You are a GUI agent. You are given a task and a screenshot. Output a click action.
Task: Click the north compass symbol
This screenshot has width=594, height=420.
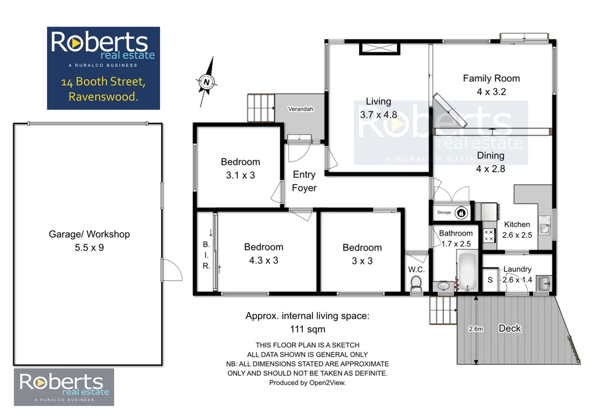coord(207,82)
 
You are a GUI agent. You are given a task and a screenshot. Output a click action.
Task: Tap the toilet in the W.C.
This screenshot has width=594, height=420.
coord(415,284)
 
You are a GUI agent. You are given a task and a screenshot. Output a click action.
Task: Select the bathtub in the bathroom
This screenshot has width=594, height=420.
coord(468,273)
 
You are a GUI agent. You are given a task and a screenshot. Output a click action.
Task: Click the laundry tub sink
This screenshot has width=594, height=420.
coord(544,284)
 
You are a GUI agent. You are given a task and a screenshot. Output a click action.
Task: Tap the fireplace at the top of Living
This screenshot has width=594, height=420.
coord(379,49)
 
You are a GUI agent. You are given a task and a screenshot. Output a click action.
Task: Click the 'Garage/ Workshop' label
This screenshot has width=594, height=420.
coord(89,234)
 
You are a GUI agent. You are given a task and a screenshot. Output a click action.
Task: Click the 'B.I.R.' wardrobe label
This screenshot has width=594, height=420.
coord(206,255)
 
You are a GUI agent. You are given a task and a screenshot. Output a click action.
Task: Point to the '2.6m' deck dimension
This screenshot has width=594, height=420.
coord(476,329)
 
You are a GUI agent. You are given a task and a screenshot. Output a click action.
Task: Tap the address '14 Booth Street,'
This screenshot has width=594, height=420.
coord(103,82)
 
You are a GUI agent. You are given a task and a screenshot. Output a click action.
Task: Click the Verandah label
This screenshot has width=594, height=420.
coord(301,109)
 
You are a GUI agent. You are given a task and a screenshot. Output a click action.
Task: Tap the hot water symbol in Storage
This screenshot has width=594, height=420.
coord(462,213)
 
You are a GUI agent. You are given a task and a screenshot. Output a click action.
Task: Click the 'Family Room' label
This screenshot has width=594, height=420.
coord(491,78)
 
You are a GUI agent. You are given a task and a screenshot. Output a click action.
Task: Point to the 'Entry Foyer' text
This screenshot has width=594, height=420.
coord(304,181)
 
